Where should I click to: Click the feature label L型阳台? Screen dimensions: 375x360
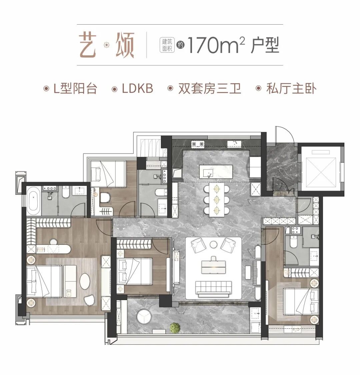tap(75, 89)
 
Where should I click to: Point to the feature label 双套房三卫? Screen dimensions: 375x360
tap(209, 89)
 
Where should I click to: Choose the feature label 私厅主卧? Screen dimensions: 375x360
tap(291, 89)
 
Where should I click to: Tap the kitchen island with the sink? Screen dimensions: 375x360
tap(216, 172)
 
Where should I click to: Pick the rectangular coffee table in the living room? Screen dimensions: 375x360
tap(213, 266)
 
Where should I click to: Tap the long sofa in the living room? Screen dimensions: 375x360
tap(213, 288)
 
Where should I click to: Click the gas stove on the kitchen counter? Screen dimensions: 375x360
tap(198, 144)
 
